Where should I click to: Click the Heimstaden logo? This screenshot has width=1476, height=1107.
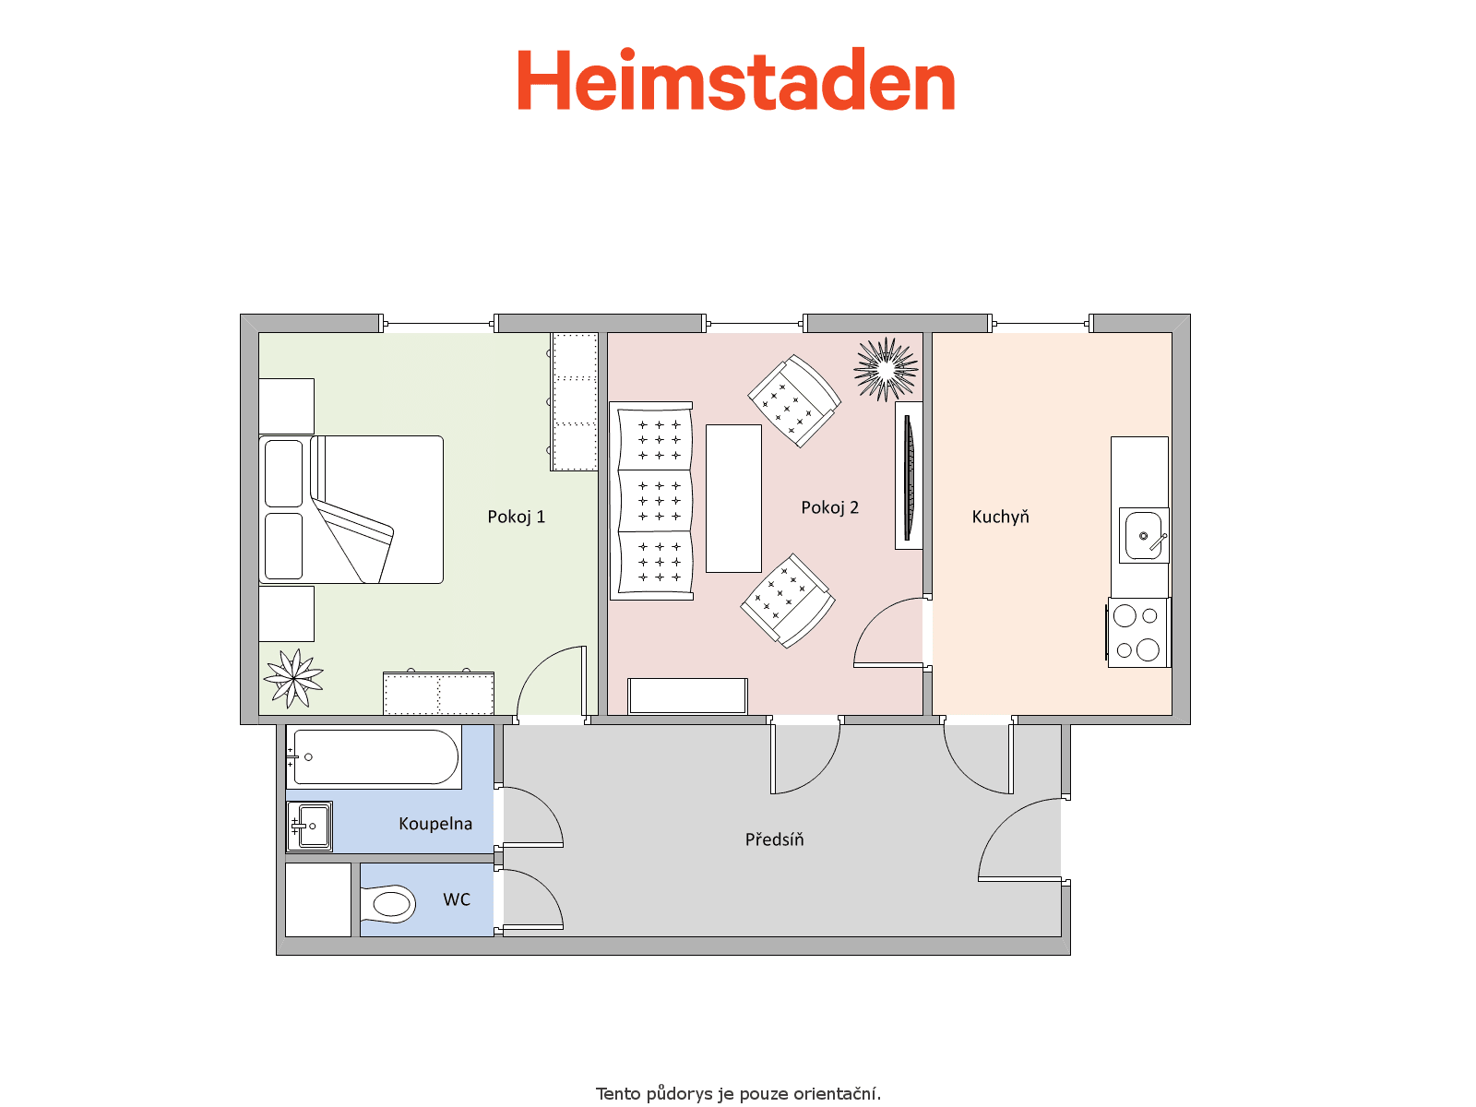[x=735, y=78]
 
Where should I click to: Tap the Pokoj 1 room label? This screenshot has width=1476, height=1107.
[x=516, y=517]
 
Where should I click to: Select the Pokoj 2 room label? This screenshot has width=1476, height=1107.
[x=829, y=507]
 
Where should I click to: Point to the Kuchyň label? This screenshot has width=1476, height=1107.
[x=1000, y=517]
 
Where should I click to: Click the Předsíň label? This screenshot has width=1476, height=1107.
[x=774, y=839]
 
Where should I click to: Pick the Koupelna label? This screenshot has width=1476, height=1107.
[x=435, y=824]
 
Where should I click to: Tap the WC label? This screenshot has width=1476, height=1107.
[x=457, y=899]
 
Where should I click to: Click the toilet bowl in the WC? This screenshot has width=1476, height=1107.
[x=388, y=904]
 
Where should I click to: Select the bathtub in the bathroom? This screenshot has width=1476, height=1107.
[x=374, y=756]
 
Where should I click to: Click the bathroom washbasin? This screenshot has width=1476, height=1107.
[x=309, y=826]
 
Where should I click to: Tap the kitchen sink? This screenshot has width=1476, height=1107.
[x=1144, y=536]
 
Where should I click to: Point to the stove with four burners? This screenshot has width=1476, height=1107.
[x=1138, y=633]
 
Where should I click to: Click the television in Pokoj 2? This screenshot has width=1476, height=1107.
[x=909, y=476]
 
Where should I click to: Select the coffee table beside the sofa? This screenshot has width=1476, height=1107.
[x=733, y=498]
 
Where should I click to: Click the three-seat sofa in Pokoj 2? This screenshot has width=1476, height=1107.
[x=651, y=501]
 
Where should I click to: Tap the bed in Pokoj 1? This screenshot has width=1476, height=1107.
[x=351, y=509]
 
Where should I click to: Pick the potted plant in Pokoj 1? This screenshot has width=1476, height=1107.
[x=294, y=678]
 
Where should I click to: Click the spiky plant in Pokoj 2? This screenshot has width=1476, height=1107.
[x=887, y=369]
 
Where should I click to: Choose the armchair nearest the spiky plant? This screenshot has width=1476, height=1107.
[x=794, y=401]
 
